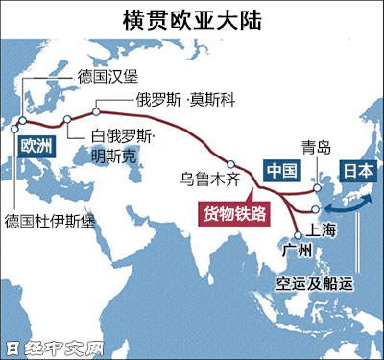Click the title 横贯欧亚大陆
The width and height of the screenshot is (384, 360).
(193, 17)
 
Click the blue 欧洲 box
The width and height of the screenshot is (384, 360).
(36, 145)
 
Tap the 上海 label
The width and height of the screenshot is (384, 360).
(323, 230)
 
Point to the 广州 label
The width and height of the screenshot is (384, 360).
(298, 252)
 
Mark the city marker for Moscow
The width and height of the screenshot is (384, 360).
(96, 108)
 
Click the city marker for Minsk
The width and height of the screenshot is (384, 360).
(68, 120)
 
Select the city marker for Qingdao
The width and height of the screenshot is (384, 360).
(316, 189)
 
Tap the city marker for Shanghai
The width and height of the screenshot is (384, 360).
(316, 209)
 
